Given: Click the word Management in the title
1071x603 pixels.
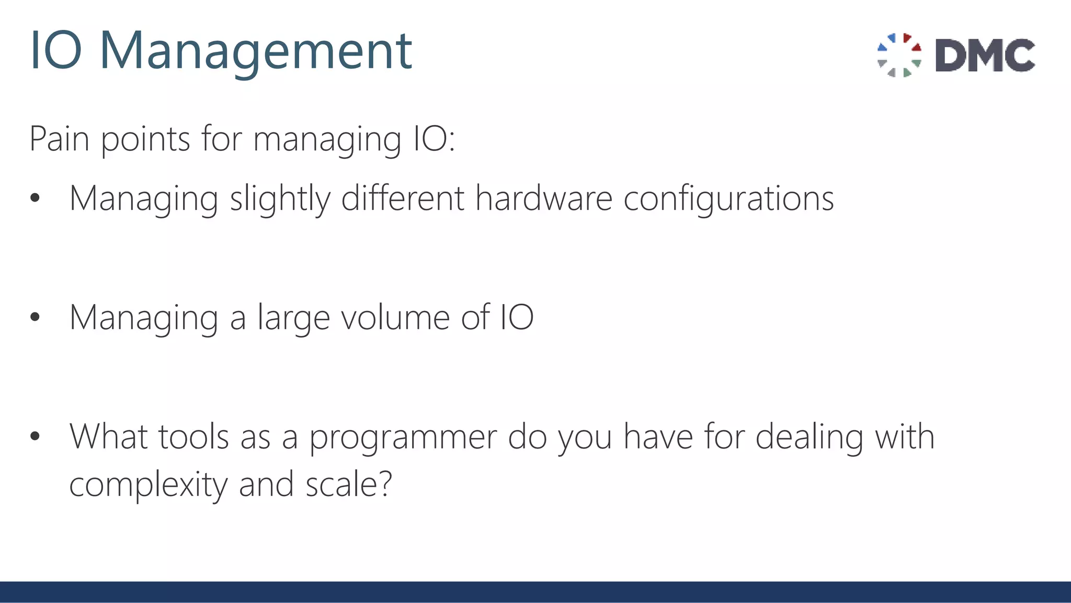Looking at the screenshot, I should (256, 51).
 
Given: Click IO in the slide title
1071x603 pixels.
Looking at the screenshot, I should (56, 51).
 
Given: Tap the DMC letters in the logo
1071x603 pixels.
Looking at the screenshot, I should (985, 55).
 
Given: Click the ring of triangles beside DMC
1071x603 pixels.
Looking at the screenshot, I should (899, 55).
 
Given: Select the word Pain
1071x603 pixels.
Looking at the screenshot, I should (59, 139).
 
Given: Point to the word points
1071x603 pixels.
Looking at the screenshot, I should (145, 140).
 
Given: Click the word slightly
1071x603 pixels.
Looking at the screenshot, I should (280, 199).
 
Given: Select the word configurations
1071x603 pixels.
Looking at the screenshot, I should (728, 199).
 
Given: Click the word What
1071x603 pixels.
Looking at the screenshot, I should (108, 437).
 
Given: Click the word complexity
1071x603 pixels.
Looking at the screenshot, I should (149, 485).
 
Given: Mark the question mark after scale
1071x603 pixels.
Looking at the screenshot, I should (386, 484).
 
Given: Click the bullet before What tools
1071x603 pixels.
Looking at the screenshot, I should (35, 436).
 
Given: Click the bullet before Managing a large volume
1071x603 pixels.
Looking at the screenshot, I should (35, 317).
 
